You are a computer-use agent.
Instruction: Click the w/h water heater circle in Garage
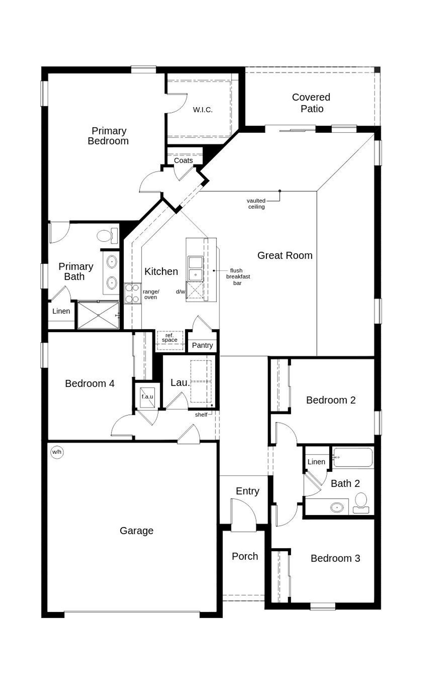pyautogui.click(x=57, y=452)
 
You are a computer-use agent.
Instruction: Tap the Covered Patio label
pyautogui.click(x=311, y=103)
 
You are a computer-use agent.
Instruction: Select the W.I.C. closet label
pyautogui.click(x=202, y=110)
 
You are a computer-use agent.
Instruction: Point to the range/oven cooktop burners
pyautogui.click(x=132, y=293)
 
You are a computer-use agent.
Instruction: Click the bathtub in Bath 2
pyautogui.click(x=353, y=457)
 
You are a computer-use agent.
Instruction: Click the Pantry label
pyautogui.click(x=202, y=345)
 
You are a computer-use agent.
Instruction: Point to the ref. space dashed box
pyautogui.click(x=169, y=340)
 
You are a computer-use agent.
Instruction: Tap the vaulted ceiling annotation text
pyautogui.click(x=256, y=203)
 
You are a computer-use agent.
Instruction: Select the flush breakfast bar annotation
pyautogui.click(x=238, y=277)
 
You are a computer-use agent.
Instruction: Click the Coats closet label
pyautogui.click(x=183, y=161)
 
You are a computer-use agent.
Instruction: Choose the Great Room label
pyautogui.click(x=285, y=255)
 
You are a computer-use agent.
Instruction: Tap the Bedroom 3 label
pyautogui.click(x=335, y=558)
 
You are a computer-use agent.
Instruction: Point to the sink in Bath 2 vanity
pyautogui.click(x=337, y=507)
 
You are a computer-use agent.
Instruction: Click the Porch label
pyautogui.click(x=245, y=556)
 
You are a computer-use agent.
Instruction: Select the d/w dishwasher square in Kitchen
pyautogui.click(x=195, y=290)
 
